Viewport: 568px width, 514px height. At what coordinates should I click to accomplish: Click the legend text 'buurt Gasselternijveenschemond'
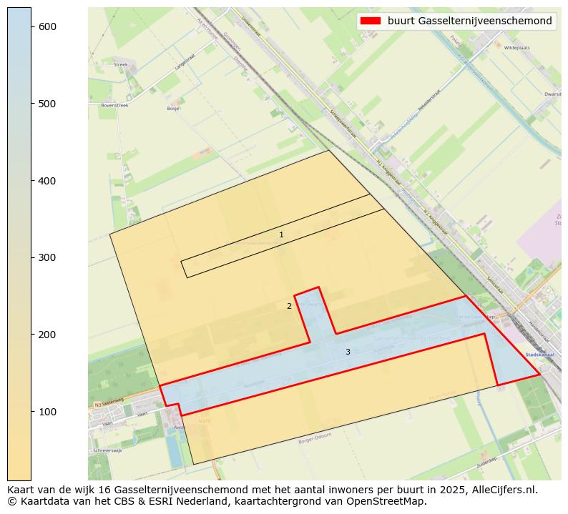(x=469, y=21)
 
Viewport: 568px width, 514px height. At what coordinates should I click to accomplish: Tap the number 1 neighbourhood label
(x=281, y=234)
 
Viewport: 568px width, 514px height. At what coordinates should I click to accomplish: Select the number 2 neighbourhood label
(x=289, y=306)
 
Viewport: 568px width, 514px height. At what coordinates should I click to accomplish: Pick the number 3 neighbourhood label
(x=348, y=352)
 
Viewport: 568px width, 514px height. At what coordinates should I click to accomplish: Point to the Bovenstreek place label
(x=114, y=105)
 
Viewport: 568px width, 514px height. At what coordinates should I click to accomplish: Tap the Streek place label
(x=120, y=64)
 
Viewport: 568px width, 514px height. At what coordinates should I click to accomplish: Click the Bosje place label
(x=173, y=109)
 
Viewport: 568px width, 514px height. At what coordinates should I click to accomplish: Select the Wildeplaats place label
(x=515, y=47)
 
